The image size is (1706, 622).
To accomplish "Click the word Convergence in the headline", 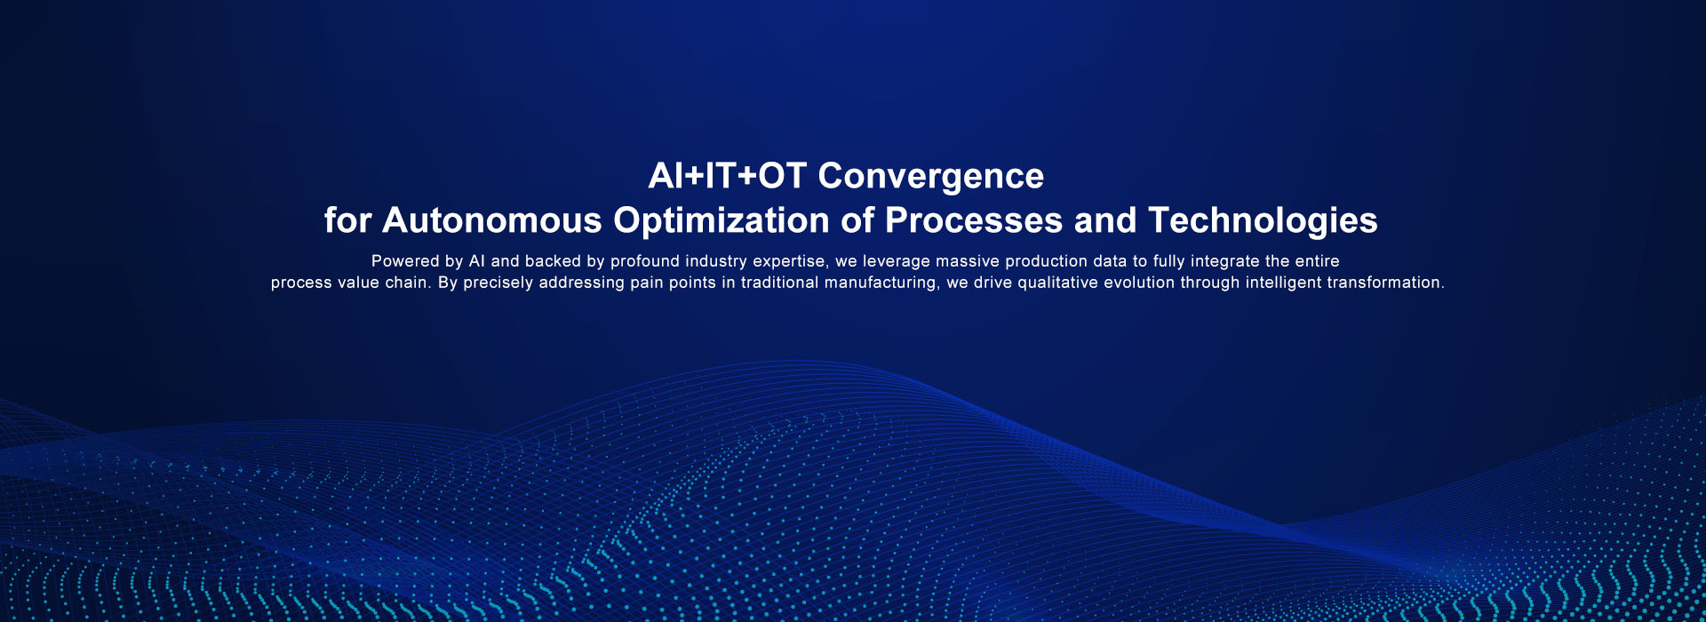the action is tap(930, 177).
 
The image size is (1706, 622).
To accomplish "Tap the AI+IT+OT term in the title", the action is tap(728, 175).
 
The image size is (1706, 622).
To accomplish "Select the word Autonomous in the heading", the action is tap(492, 220).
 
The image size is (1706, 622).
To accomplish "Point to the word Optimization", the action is tap(721, 221).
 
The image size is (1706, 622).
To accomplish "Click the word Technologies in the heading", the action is tap(1263, 221).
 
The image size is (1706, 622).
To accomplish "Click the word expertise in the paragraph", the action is tap(788, 262).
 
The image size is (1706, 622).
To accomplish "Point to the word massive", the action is tap(967, 261).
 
